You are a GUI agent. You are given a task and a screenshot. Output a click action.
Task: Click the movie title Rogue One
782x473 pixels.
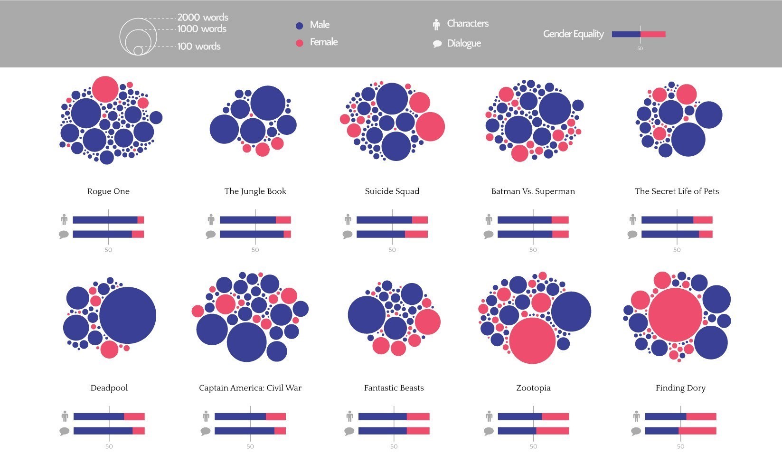click(108, 191)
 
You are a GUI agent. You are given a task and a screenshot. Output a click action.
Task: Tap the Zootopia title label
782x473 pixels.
click(533, 388)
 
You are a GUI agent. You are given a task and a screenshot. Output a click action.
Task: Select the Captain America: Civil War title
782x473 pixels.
click(250, 388)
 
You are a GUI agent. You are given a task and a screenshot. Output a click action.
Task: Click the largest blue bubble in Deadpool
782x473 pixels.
click(127, 315)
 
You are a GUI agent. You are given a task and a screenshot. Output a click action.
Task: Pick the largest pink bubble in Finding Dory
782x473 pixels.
click(675, 315)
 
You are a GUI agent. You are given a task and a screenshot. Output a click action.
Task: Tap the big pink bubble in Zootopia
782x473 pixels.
click(532, 341)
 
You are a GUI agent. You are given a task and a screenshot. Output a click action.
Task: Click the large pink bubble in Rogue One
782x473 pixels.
click(105, 89)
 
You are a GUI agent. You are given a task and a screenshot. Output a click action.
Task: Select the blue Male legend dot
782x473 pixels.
click(300, 26)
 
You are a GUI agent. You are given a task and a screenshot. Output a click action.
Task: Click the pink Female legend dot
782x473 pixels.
click(300, 43)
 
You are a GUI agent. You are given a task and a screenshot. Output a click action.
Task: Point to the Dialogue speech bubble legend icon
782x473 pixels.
click(437, 44)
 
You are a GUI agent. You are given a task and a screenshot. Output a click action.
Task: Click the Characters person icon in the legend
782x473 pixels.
click(436, 25)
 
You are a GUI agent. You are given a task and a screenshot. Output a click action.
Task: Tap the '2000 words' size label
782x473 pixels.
click(203, 18)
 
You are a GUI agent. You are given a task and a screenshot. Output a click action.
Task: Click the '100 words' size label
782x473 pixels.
click(199, 47)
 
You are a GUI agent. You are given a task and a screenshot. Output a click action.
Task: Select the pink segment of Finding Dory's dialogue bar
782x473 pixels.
click(697, 431)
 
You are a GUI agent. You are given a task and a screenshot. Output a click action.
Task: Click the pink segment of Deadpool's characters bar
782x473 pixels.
click(134, 416)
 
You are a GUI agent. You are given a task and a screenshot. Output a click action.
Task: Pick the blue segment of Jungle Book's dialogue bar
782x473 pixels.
click(252, 234)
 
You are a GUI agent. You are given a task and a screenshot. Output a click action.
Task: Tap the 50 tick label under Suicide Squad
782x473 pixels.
click(392, 250)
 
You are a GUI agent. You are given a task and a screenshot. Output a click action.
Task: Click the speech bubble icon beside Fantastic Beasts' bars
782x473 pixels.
click(349, 431)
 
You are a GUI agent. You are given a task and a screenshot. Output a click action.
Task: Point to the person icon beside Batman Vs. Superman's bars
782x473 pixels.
click(489, 219)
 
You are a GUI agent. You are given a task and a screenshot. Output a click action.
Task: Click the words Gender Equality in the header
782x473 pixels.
click(574, 34)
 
